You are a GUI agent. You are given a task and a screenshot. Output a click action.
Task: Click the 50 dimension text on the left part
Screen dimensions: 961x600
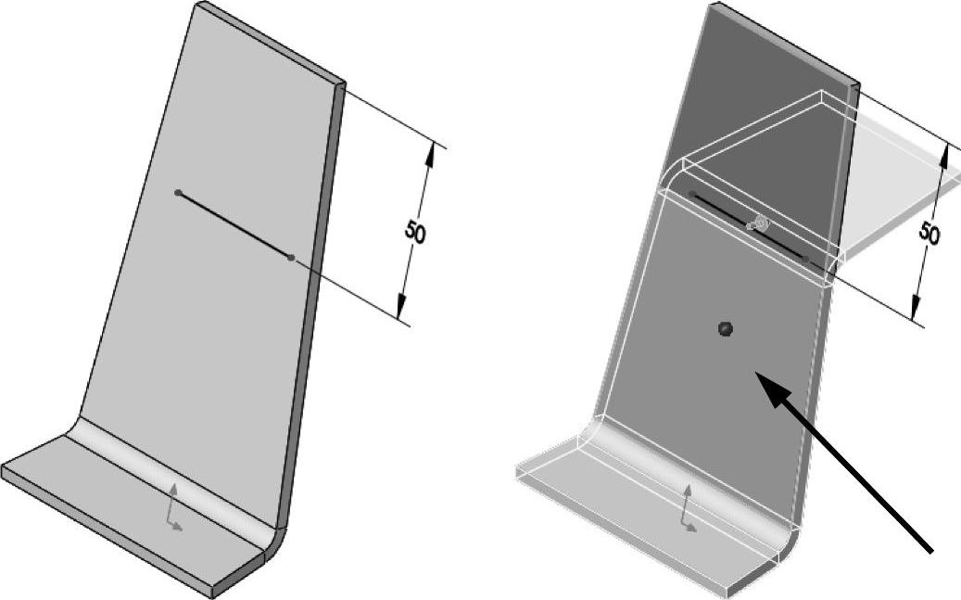[415, 233]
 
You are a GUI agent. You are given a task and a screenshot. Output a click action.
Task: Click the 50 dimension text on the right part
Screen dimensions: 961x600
[929, 234]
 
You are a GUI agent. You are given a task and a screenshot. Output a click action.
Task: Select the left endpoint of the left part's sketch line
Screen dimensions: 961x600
[178, 193]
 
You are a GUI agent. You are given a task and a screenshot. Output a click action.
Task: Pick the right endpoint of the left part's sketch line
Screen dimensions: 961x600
[291, 258]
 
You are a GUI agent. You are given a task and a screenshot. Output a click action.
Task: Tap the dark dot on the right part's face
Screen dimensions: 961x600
[726, 329]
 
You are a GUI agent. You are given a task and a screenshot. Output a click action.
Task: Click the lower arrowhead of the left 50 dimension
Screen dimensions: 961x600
[401, 306]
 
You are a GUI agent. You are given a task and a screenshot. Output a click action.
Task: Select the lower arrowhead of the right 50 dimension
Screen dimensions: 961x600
[916, 308]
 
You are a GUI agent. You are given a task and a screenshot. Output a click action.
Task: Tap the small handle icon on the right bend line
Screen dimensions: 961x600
[758, 223]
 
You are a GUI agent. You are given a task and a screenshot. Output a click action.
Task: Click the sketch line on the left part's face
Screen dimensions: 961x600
[234, 225]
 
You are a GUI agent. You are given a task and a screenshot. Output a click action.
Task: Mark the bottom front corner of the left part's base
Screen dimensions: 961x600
[212, 596]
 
